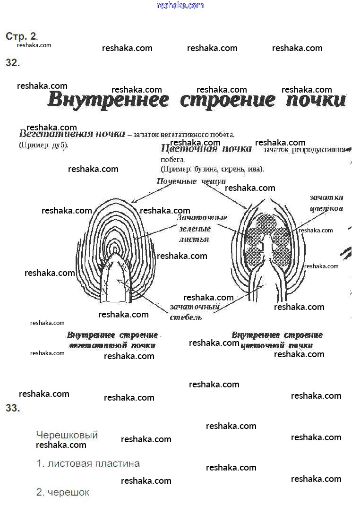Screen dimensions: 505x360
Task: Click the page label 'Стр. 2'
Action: (x=21, y=36)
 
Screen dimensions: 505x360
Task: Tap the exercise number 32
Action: (x=13, y=63)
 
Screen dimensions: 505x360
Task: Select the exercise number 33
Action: (x=13, y=409)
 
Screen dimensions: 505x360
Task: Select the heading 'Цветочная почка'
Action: (x=206, y=149)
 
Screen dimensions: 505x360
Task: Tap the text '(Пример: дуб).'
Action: (x=43, y=145)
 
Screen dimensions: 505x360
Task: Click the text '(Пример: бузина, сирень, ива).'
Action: (x=212, y=169)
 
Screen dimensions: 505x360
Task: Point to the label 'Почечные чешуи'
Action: (x=191, y=181)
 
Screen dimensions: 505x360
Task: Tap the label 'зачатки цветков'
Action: (x=326, y=203)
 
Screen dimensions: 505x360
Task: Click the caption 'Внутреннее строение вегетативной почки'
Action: (x=112, y=340)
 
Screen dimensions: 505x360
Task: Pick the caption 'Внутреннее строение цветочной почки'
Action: (x=277, y=340)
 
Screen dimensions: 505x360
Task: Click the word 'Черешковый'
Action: (x=67, y=435)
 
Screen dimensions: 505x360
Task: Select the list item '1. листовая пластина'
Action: (x=88, y=463)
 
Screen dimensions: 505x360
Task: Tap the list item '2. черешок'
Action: (x=63, y=492)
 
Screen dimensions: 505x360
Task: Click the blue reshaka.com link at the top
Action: (x=180, y=5)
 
